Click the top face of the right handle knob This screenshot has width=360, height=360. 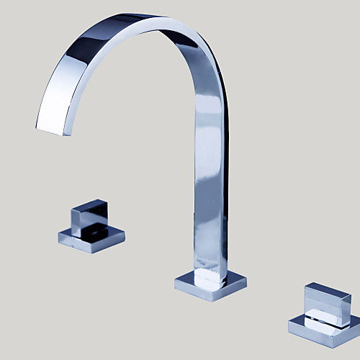click(328, 289)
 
